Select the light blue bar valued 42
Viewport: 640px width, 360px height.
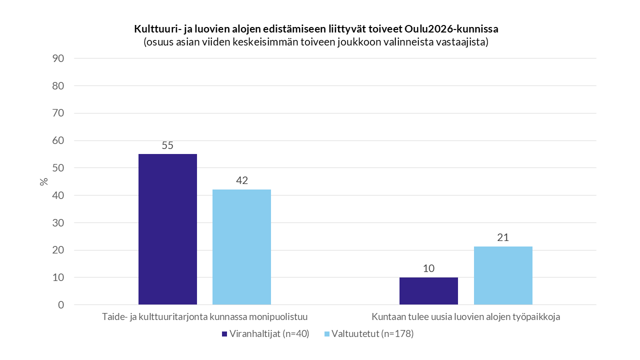[x=241, y=247]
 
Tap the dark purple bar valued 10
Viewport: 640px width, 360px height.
[x=428, y=291]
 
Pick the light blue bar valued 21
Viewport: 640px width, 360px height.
[x=503, y=275]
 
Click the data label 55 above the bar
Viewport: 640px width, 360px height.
[x=167, y=146]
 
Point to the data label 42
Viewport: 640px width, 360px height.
[x=241, y=180]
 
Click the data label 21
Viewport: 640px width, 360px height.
[x=503, y=237]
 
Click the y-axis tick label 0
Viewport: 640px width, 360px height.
[x=61, y=305]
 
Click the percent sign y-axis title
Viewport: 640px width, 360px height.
[x=44, y=181]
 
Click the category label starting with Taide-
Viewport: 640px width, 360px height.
[x=204, y=317]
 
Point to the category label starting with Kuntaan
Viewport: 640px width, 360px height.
[x=465, y=317]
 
